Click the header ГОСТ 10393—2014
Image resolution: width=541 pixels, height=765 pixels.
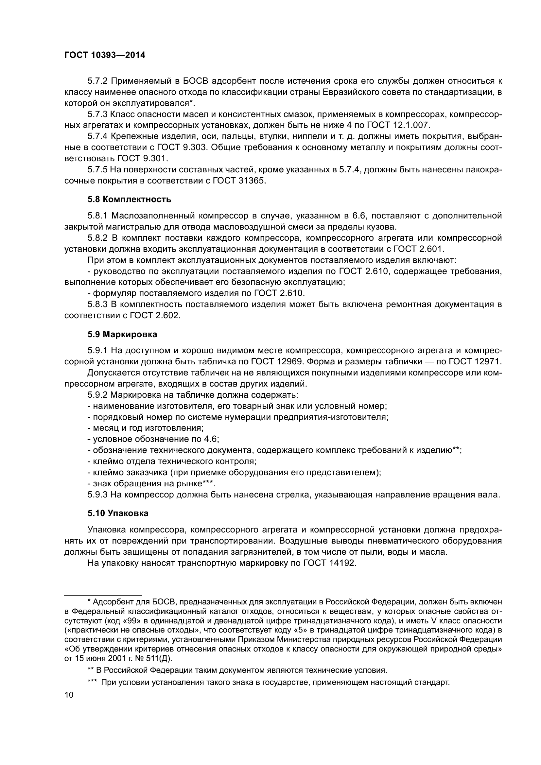click(105, 55)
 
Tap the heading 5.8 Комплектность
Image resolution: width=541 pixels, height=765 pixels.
click(130, 200)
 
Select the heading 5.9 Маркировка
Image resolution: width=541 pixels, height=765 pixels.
click(122, 334)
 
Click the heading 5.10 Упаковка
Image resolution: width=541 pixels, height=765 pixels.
click(118, 513)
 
